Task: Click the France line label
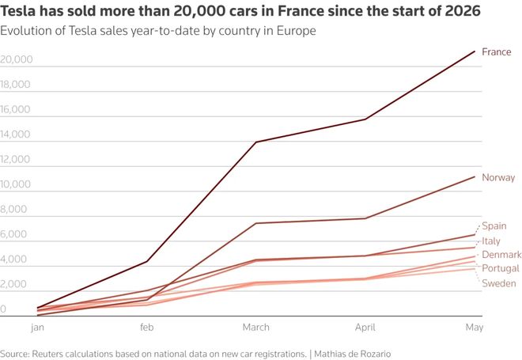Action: point(497,52)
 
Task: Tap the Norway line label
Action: point(498,177)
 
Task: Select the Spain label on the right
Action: point(494,225)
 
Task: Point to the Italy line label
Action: point(491,241)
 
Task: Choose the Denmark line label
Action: point(501,255)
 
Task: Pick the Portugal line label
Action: point(501,268)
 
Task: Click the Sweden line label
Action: point(499,283)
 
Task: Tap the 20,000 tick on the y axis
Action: point(17,59)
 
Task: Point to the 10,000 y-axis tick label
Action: point(15,184)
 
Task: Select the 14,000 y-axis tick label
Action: point(15,135)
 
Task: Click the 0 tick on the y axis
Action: point(3,309)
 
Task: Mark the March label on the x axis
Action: point(255,328)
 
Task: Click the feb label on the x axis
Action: point(147,328)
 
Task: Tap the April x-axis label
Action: point(365,328)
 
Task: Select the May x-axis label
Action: point(474,328)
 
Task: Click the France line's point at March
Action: point(256,142)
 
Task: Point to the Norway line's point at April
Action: point(365,218)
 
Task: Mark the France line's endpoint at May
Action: point(475,51)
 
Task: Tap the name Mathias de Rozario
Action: point(352,354)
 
